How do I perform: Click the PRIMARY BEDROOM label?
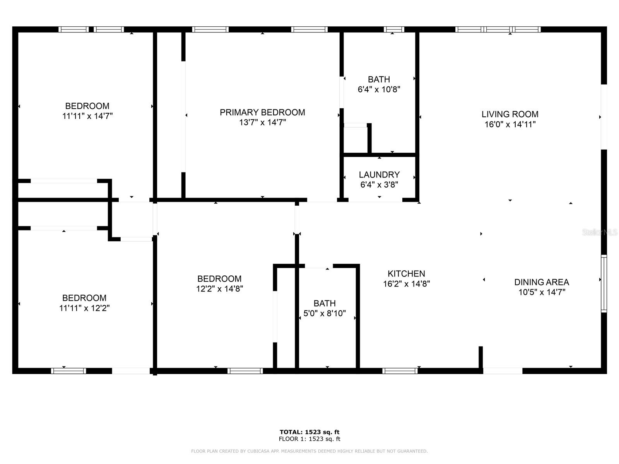point(262,113)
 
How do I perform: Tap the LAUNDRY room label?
point(379,175)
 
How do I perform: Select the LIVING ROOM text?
point(510,114)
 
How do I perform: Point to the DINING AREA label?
point(541,282)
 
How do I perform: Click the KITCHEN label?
point(406,274)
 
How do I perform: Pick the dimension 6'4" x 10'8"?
point(379,90)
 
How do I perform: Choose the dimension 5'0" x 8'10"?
point(325,314)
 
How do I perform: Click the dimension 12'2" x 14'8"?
point(219,289)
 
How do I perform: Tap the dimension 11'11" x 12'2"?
point(84,308)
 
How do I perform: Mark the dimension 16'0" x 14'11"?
point(510,125)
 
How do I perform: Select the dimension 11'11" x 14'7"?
point(87,116)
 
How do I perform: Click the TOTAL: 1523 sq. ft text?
point(309,432)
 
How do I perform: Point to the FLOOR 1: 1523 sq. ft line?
point(309,439)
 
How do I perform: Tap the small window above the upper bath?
point(394,29)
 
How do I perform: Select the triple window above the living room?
point(498,29)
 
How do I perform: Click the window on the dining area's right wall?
point(604,283)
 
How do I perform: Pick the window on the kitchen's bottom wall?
point(400,371)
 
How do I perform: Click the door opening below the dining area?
point(503,371)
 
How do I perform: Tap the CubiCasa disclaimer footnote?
point(309,451)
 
